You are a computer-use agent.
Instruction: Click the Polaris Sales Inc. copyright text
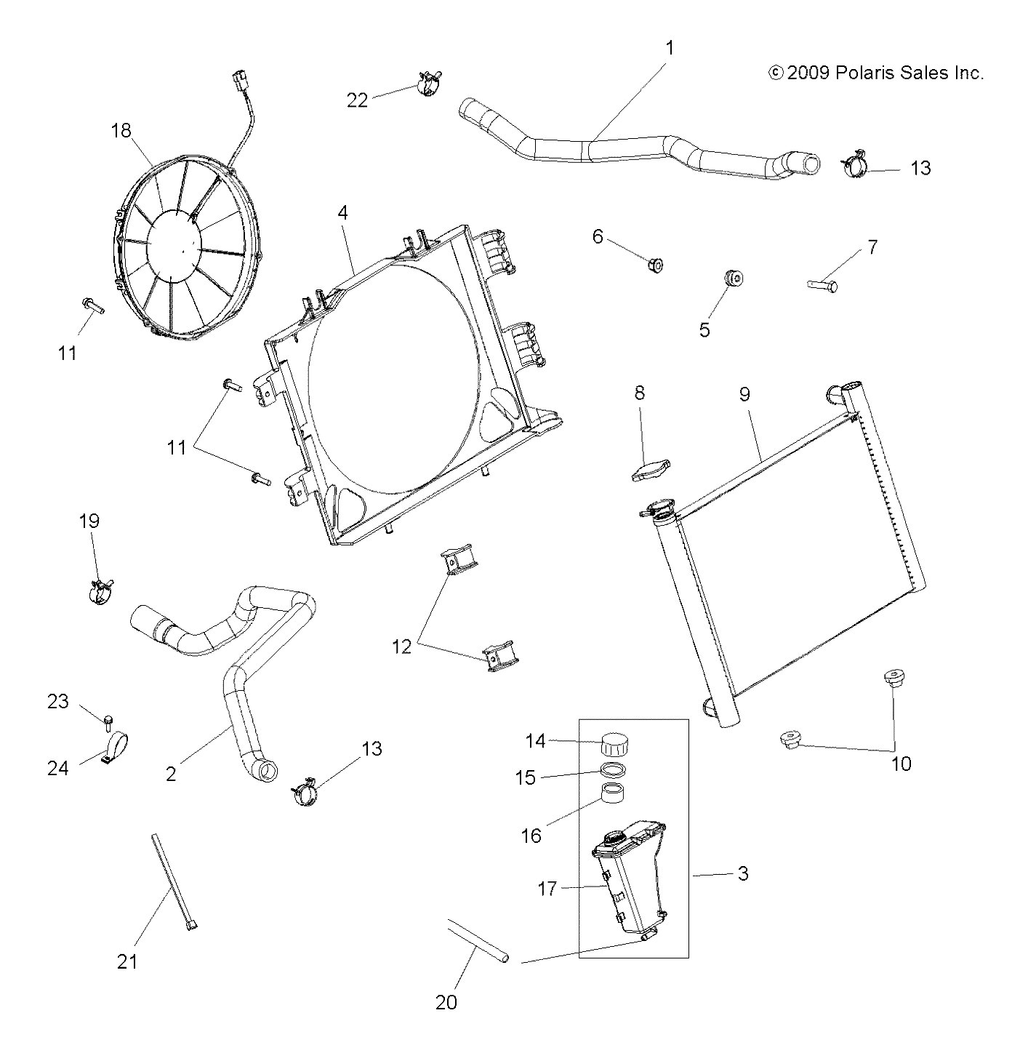[x=876, y=73]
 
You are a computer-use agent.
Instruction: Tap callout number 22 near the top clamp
[x=357, y=100]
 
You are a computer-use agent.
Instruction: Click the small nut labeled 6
[x=655, y=265]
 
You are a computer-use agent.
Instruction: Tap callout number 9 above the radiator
[x=744, y=394]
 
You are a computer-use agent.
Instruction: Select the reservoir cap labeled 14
[x=615, y=745]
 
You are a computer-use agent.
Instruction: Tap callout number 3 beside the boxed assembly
[x=742, y=873]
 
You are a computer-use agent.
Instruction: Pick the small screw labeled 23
[x=108, y=721]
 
